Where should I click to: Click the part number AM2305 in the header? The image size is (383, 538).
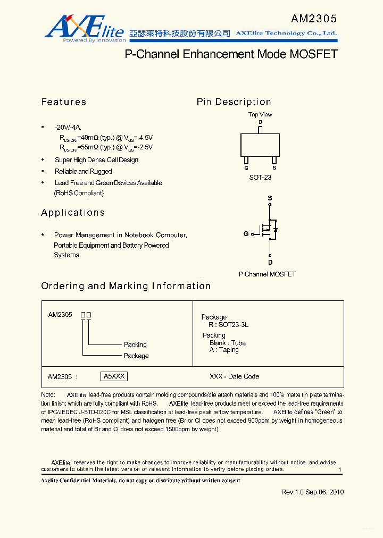click(x=313, y=19)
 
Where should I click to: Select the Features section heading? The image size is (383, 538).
click(x=63, y=102)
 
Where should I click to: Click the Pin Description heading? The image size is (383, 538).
click(x=234, y=102)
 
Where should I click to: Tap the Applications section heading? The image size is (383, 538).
click(x=73, y=213)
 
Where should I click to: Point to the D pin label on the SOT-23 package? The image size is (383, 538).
click(x=260, y=122)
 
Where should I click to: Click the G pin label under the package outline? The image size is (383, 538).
click(x=246, y=168)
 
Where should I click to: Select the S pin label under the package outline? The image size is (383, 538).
click(x=274, y=168)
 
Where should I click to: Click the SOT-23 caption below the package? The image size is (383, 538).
click(x=260, y=178)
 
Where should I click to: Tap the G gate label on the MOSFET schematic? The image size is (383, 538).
click(x=246, y=233)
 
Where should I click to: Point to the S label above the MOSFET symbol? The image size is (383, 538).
click(x=270, y=198)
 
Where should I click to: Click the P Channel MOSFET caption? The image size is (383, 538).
click(x=267, y=274)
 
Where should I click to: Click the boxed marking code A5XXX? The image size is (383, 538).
click(x=114, y=376)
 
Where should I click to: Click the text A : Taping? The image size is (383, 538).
click(x=224, y=350)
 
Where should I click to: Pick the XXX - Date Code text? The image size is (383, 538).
click(x=234, y=376)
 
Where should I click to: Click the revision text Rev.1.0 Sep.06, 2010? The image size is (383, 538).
click(x=312, y=492)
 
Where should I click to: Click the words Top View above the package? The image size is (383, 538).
click(x=260, y=114)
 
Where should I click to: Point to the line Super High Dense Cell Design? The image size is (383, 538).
click(x=96, y=160)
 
